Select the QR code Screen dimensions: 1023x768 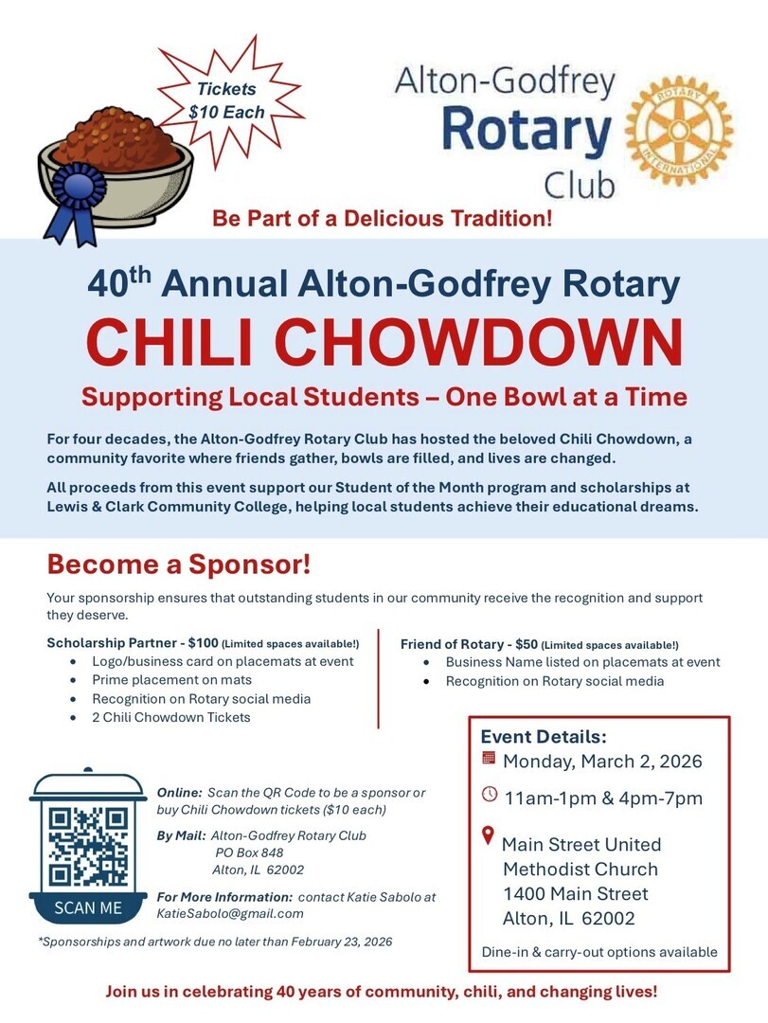[x=88, y=846]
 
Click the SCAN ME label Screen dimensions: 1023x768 [x=88, y=907]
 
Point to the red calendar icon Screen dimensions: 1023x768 [x=489, y=758]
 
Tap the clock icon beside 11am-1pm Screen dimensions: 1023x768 [x=490, y=795]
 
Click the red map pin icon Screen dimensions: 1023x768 [x=489, y=835]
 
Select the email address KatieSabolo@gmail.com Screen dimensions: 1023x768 [x=230, y=913]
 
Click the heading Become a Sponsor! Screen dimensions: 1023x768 [x=179, y=565]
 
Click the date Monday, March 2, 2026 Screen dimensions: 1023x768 [x=602, y=762]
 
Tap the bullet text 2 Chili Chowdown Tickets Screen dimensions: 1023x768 [x=171, y=717]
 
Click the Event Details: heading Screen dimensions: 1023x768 [x=544, y=736]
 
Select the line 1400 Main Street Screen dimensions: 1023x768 [x=576, y=893]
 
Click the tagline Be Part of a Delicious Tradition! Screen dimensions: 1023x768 [x=383, y=220]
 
